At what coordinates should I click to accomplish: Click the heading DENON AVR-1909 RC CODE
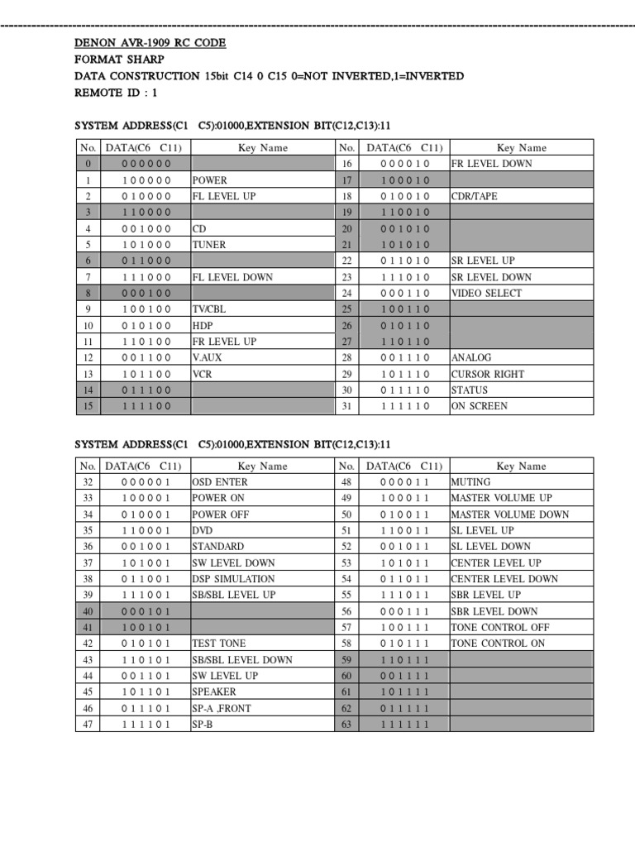(x=150, y=43)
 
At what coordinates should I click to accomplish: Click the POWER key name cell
(x=210, y=179)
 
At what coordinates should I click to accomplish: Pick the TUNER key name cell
(x=210, y=245)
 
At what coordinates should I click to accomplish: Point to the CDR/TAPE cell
(x=474, y=196)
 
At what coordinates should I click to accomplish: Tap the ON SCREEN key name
(x=480, y=406)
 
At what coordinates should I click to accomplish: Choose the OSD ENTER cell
(x=220, y=481)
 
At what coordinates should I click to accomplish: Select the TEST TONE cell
(x=219, y=644)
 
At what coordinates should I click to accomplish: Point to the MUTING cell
(x=470, y=481)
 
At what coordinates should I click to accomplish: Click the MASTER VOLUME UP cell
(x=501, y=498)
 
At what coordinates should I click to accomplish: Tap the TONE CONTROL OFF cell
(x=499, y=627)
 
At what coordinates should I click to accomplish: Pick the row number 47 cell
(x=87, y=725)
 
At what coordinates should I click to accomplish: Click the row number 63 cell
(x=346, y=725)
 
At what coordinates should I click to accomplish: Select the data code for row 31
(x=404, y=406)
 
